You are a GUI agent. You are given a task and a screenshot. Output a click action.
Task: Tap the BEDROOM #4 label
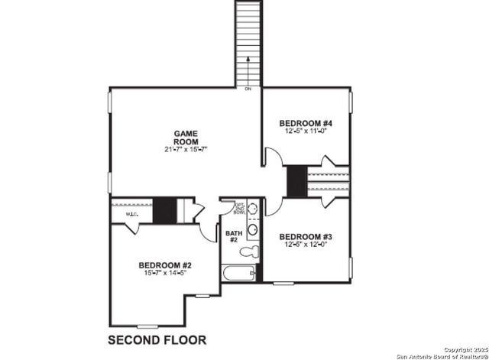pos(304,124)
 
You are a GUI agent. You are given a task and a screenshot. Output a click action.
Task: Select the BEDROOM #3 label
pos(304,236)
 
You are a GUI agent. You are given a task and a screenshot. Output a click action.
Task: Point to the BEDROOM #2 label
pos(163,265)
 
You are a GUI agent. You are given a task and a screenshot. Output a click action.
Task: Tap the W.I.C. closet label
pos(120,214)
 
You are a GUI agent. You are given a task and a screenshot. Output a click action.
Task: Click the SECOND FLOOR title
pos(156,339)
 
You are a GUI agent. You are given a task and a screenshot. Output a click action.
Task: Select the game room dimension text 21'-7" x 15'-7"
pos(186,150)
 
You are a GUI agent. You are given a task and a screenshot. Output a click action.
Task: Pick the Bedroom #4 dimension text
pos(304,131)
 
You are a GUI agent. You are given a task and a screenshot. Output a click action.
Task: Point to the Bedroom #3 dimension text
pos(304,245)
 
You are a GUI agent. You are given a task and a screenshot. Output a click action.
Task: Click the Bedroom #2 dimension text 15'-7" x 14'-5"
pos(163,273)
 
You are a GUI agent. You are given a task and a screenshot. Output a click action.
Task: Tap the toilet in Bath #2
pos(248,251)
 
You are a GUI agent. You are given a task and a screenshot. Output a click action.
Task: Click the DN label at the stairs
pos(248,89)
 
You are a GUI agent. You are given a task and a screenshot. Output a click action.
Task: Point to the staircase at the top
pos(248,38)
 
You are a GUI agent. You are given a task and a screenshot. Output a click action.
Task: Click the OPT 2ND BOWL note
pos(239,208)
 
